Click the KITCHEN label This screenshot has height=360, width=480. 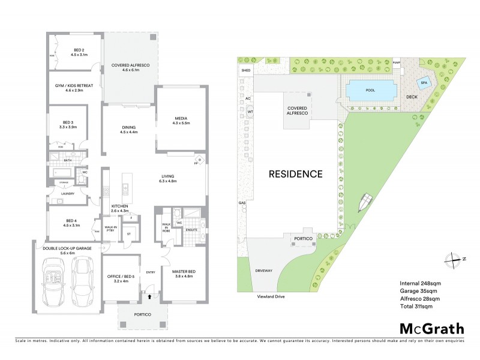[x=120, y=207]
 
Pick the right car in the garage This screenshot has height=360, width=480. [x=82, y=284]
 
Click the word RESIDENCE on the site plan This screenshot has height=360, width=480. [x=295, y=175]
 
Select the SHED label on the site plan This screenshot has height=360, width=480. [x=245, y=70]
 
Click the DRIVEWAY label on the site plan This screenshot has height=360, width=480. [x=265, y=271]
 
